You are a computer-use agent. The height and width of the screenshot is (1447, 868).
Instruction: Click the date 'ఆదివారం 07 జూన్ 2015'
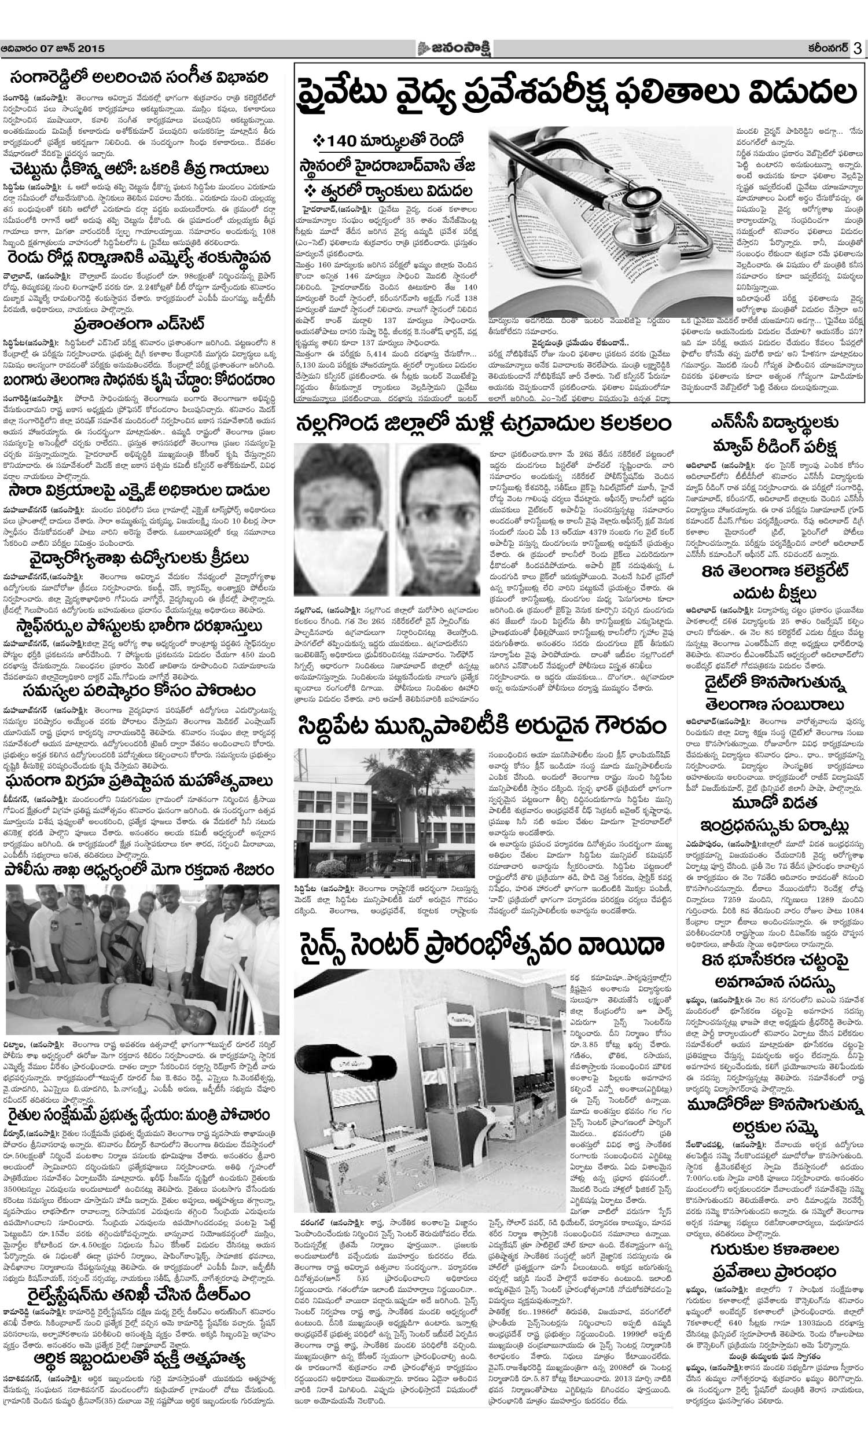coord(53,49)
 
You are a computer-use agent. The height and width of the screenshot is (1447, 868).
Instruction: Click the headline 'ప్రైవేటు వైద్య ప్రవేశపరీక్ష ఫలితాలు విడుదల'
coord(577,97)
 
